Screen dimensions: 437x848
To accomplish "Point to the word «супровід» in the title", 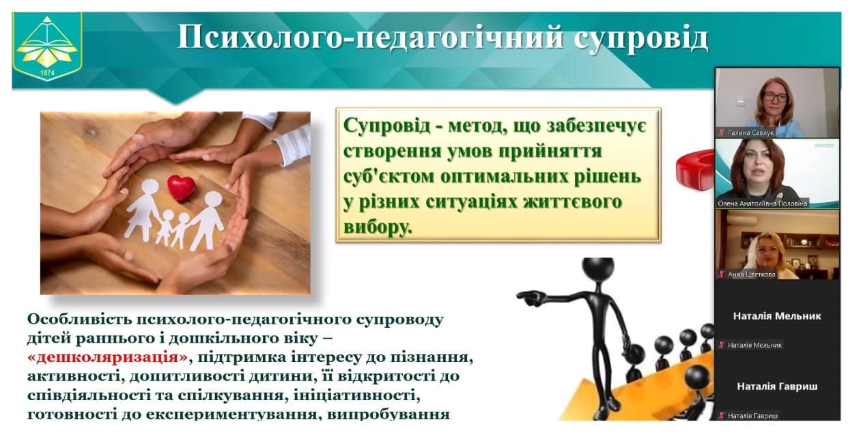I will pos(640,39).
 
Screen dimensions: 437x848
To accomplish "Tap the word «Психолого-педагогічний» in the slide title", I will pos(370,39).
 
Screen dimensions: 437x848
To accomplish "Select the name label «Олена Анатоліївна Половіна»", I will pos(763,203).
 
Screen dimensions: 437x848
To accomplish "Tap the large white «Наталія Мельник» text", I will pos(777,316).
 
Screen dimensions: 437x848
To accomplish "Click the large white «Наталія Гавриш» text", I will pos(777,386).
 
